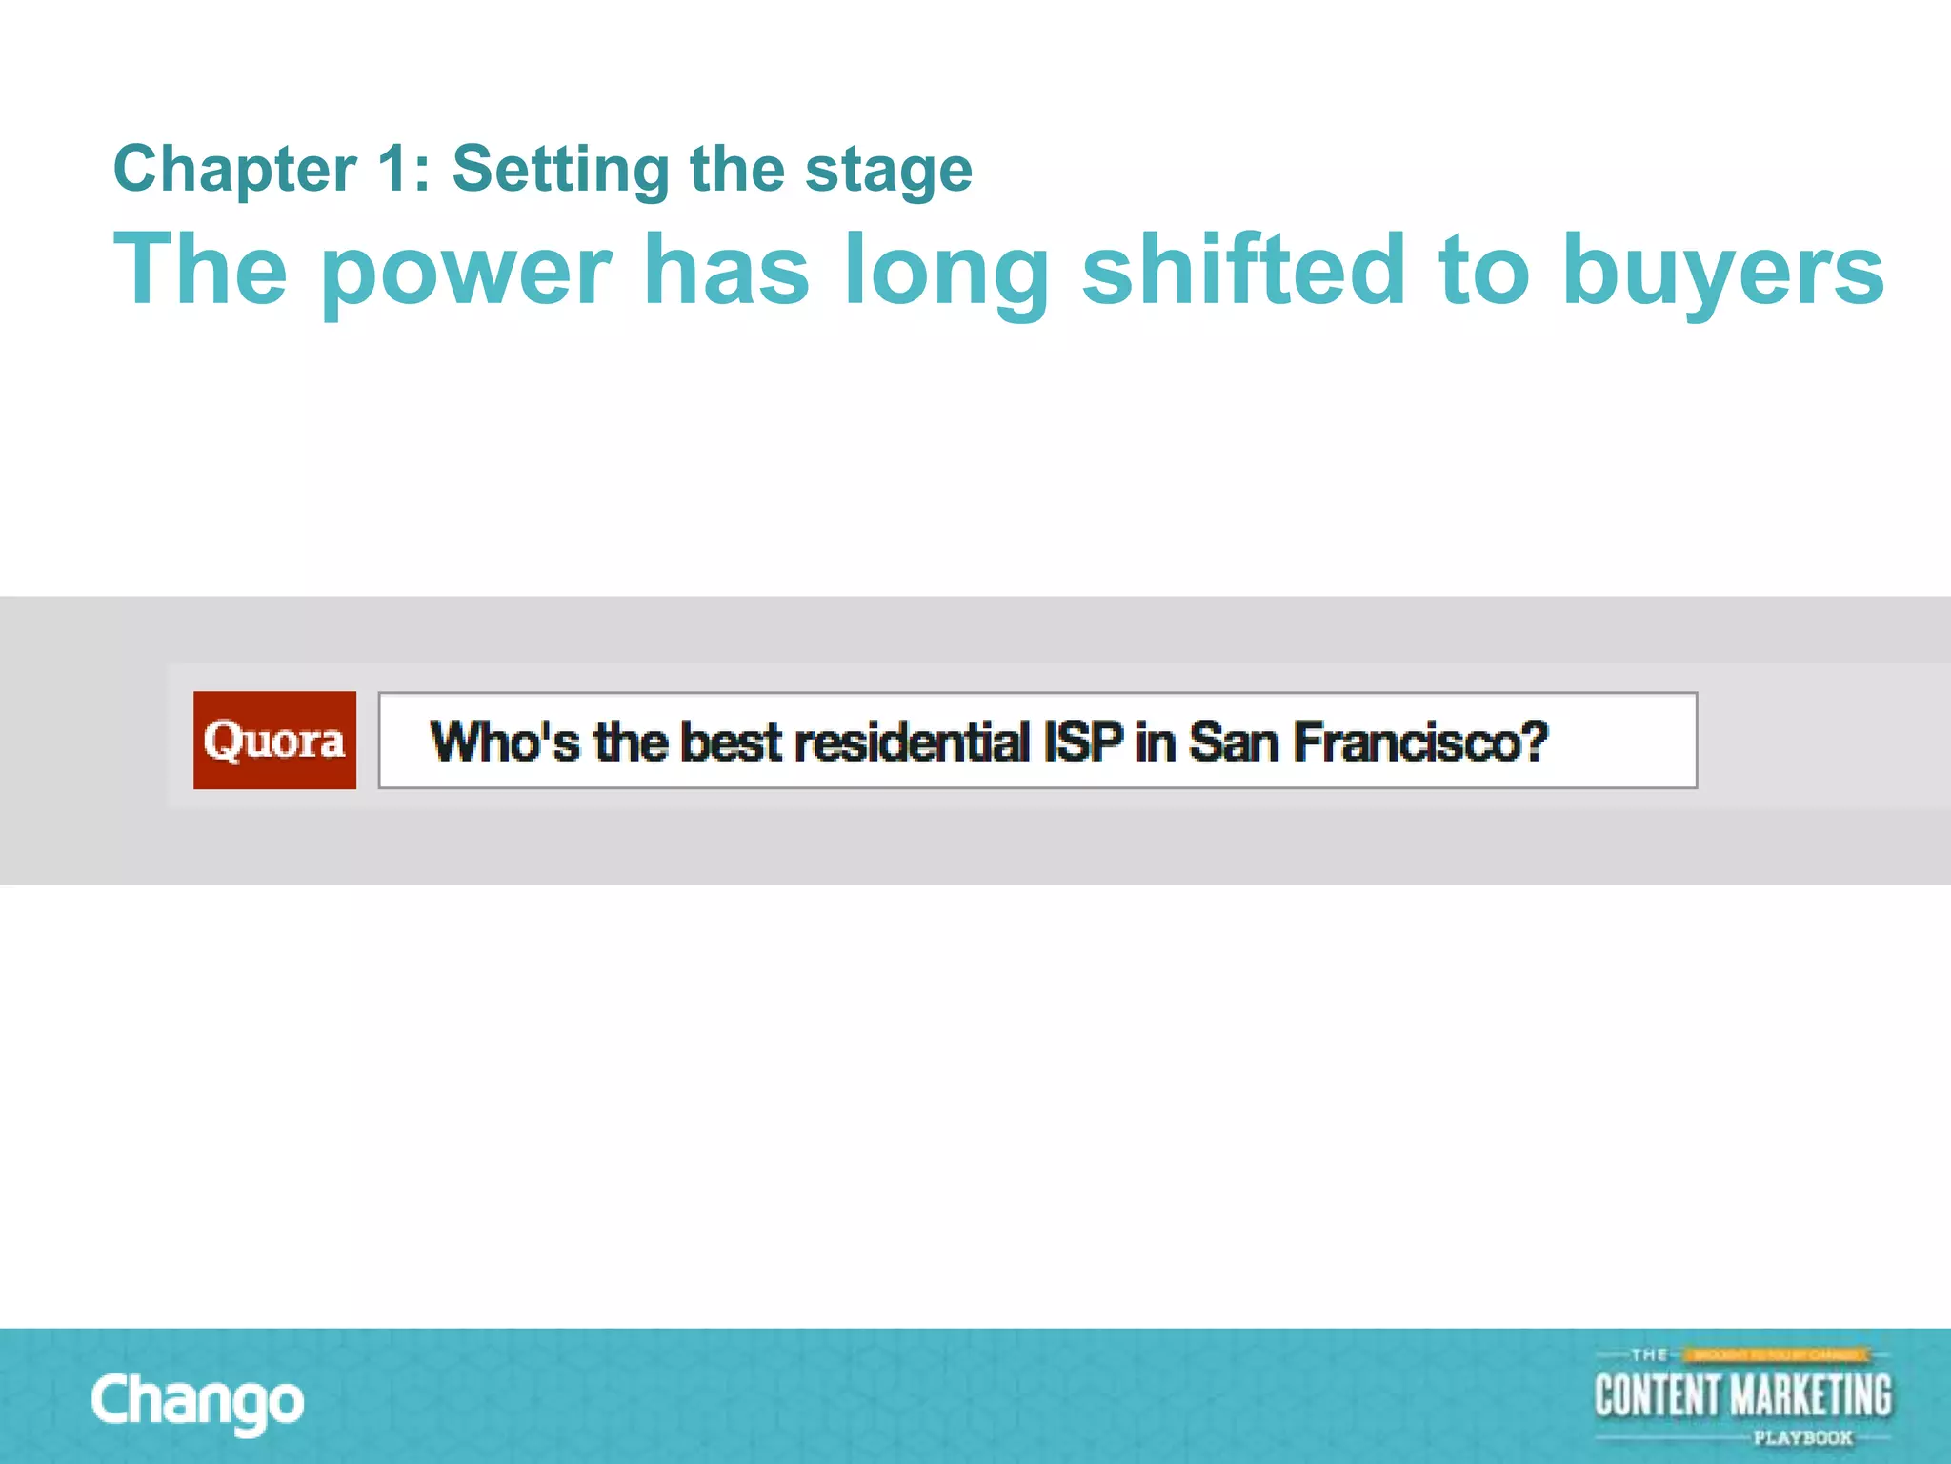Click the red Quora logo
(274, 740)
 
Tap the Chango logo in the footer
(198, 1401)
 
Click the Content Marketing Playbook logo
(1742, 1395)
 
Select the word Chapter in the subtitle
(234, 170)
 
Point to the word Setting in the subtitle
(560, 170)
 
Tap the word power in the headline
(467, 272)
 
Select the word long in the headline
(945, 272)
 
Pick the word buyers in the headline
(1722, 272)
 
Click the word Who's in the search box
(504, 742)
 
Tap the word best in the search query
(731, 742)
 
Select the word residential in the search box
(912, 742)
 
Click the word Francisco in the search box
(1402, 742)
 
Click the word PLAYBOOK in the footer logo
(1802, 1437)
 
